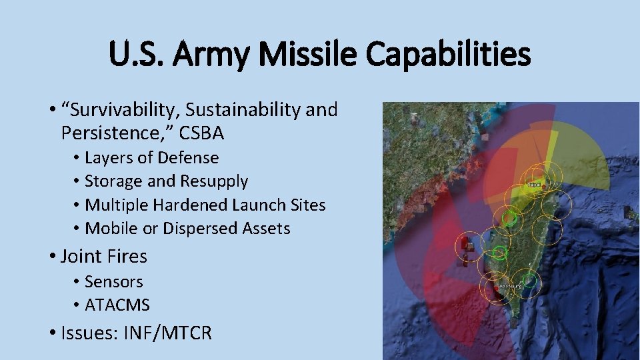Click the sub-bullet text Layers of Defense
pos(151,158)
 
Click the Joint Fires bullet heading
pos(103,256)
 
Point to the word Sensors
pos(113,282)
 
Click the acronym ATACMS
pos(117,305)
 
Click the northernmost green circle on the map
pos(509,217)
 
